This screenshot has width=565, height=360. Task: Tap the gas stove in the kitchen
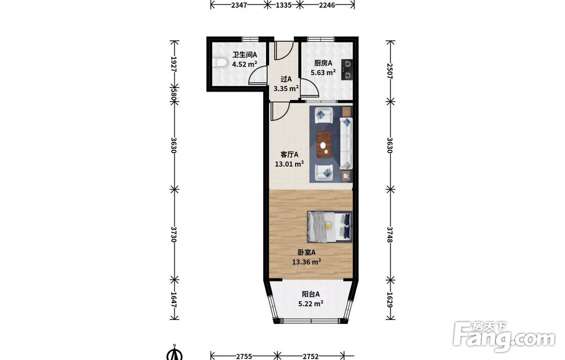347,70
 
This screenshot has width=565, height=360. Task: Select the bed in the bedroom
329,226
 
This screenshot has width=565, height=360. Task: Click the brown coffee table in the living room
325,145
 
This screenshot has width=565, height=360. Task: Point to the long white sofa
346,144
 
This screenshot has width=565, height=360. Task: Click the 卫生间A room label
244,55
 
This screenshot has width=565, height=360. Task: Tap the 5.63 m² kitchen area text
323,72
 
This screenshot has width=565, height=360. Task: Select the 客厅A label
289,155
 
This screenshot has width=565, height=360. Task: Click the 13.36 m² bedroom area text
306,262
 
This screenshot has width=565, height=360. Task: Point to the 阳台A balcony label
311,294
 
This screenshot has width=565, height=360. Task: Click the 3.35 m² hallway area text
286,88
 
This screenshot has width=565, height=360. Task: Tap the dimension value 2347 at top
239,5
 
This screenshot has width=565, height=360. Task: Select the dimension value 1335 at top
283,5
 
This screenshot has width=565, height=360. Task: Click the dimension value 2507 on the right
389,71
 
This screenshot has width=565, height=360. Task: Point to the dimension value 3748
389,234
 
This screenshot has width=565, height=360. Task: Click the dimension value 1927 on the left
173,64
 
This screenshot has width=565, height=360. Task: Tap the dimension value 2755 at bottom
244,357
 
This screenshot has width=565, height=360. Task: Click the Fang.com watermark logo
504,337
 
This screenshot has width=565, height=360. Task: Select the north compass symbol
175,353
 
